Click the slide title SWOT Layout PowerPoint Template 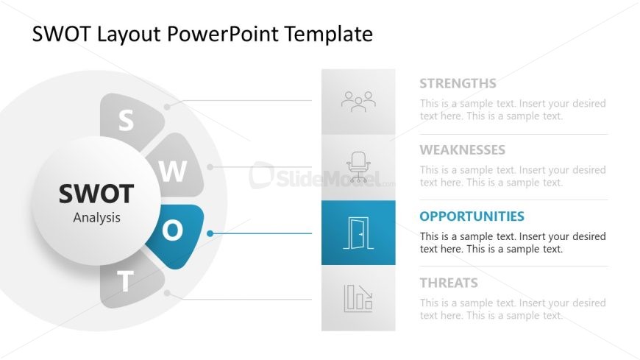pos(202,35)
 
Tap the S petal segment pos(129,119)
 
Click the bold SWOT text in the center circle pos(96,194)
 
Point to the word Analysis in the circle pos(96,218)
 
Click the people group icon pos(358,102)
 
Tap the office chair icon pos(358,166)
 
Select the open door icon pos(358,233)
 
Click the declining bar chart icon pos(358,298)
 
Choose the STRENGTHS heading pos(458,83)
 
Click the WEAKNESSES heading pos(463,150)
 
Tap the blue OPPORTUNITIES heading pos(472,216)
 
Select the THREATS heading pos(449,283)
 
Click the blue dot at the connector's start pos(210,233)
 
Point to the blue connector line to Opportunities pos(261,233)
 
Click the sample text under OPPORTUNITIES pos(513,243)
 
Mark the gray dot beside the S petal pos(167,107)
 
